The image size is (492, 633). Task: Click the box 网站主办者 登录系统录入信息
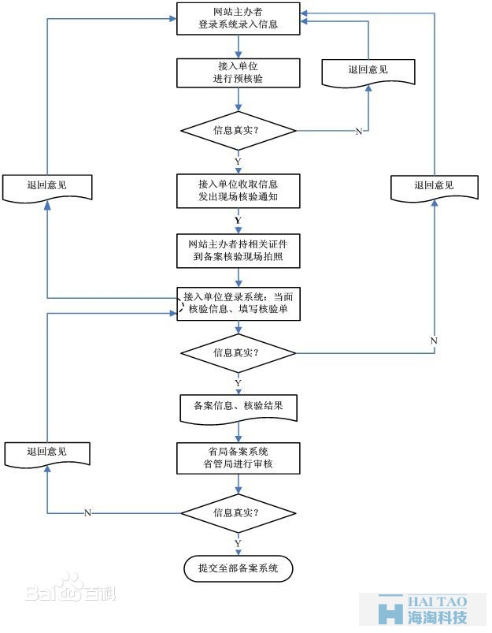239,18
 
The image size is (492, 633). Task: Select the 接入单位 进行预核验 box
239,73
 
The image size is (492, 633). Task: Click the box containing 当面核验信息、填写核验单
239,303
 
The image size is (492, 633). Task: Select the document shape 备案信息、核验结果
239,407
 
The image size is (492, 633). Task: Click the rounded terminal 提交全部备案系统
239,568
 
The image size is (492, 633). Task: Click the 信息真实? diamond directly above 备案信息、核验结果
239,352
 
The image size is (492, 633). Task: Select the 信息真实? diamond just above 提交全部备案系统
239,513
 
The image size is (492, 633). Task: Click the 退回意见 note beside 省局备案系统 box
46,453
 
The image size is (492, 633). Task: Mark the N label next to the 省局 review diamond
87,513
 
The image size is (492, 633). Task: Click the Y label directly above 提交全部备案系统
239,544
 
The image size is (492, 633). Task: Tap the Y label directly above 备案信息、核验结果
239,382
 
